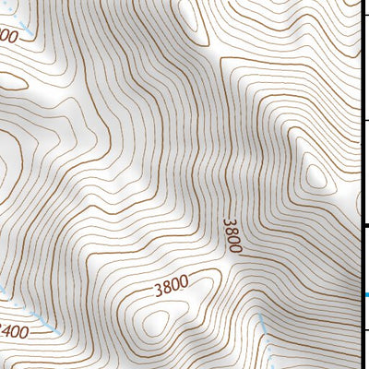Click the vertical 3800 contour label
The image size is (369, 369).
pyautogui.click(x=233, y=235)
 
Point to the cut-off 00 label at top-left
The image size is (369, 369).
pyautogui.click(x=8, y=36)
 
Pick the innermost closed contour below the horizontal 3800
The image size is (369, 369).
pyautogui.click(x=157, y=321)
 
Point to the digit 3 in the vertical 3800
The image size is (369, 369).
pyautogui.click(x=230, y=221)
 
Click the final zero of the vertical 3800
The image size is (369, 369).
pyautogui.click(x=236, y=248)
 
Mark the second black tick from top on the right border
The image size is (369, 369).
pyautogui.click(x=365, y=120)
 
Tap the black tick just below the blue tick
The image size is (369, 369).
pyautogui.click(x=365, y=328)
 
